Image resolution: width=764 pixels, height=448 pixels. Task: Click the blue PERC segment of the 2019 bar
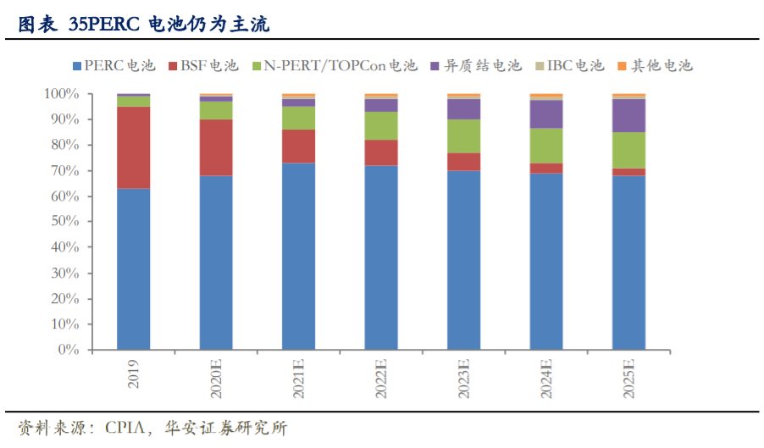pyautogui.click(x=133, y=268)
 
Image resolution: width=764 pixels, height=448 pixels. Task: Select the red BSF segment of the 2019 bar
pyautogui.click(x=133, y=147)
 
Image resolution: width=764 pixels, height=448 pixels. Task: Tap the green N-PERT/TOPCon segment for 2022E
pyautogui.click(x=381, y=125)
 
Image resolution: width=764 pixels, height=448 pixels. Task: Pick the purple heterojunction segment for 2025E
pyautogui.click(x=628, y=115)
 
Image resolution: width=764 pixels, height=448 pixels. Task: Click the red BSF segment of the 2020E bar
pyautogui.click(x=216, y=147)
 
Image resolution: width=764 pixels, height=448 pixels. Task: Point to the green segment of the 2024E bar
pyautogui.click(x=546, y=145)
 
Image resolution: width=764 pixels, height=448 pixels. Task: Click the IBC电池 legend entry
pyautogui.click(x=569, y=65)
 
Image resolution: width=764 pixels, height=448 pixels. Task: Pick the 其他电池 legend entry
pyautogui.click(x=656, y=65)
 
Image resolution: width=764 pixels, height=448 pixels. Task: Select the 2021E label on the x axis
pyautogui.click(x=299, y=379)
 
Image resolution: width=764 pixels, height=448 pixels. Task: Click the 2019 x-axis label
pyautogui.click(x=134, y=373)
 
